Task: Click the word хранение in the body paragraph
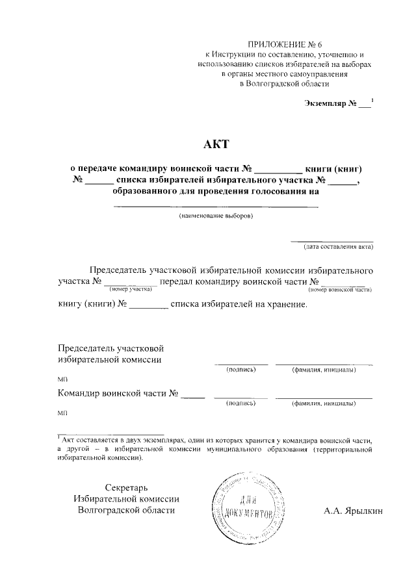click(283, 303)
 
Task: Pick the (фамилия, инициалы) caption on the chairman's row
click(324, 370)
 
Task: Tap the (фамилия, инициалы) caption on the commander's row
click(324, 403)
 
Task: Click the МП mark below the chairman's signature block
click(62, 379)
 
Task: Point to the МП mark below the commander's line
click(62, 413)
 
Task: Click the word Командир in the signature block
click(79, 392)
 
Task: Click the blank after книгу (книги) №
click(149, 304)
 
